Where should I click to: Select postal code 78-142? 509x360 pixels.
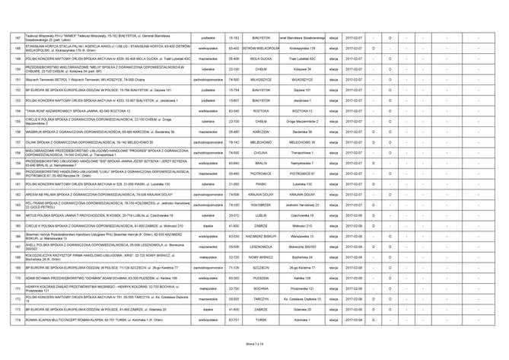pyautogui.click(x=234, y=142)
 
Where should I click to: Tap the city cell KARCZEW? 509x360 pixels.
pyautogui.click(x=265, y=131)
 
